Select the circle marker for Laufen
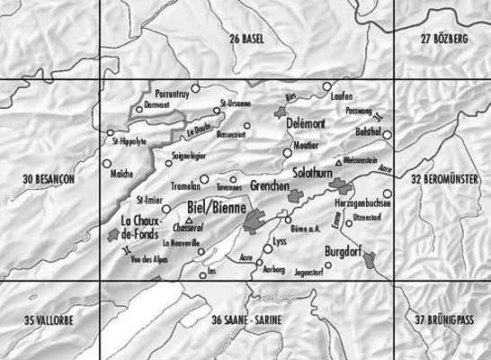click(x=326, y=88)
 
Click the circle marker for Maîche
click(x=107, y=165)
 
